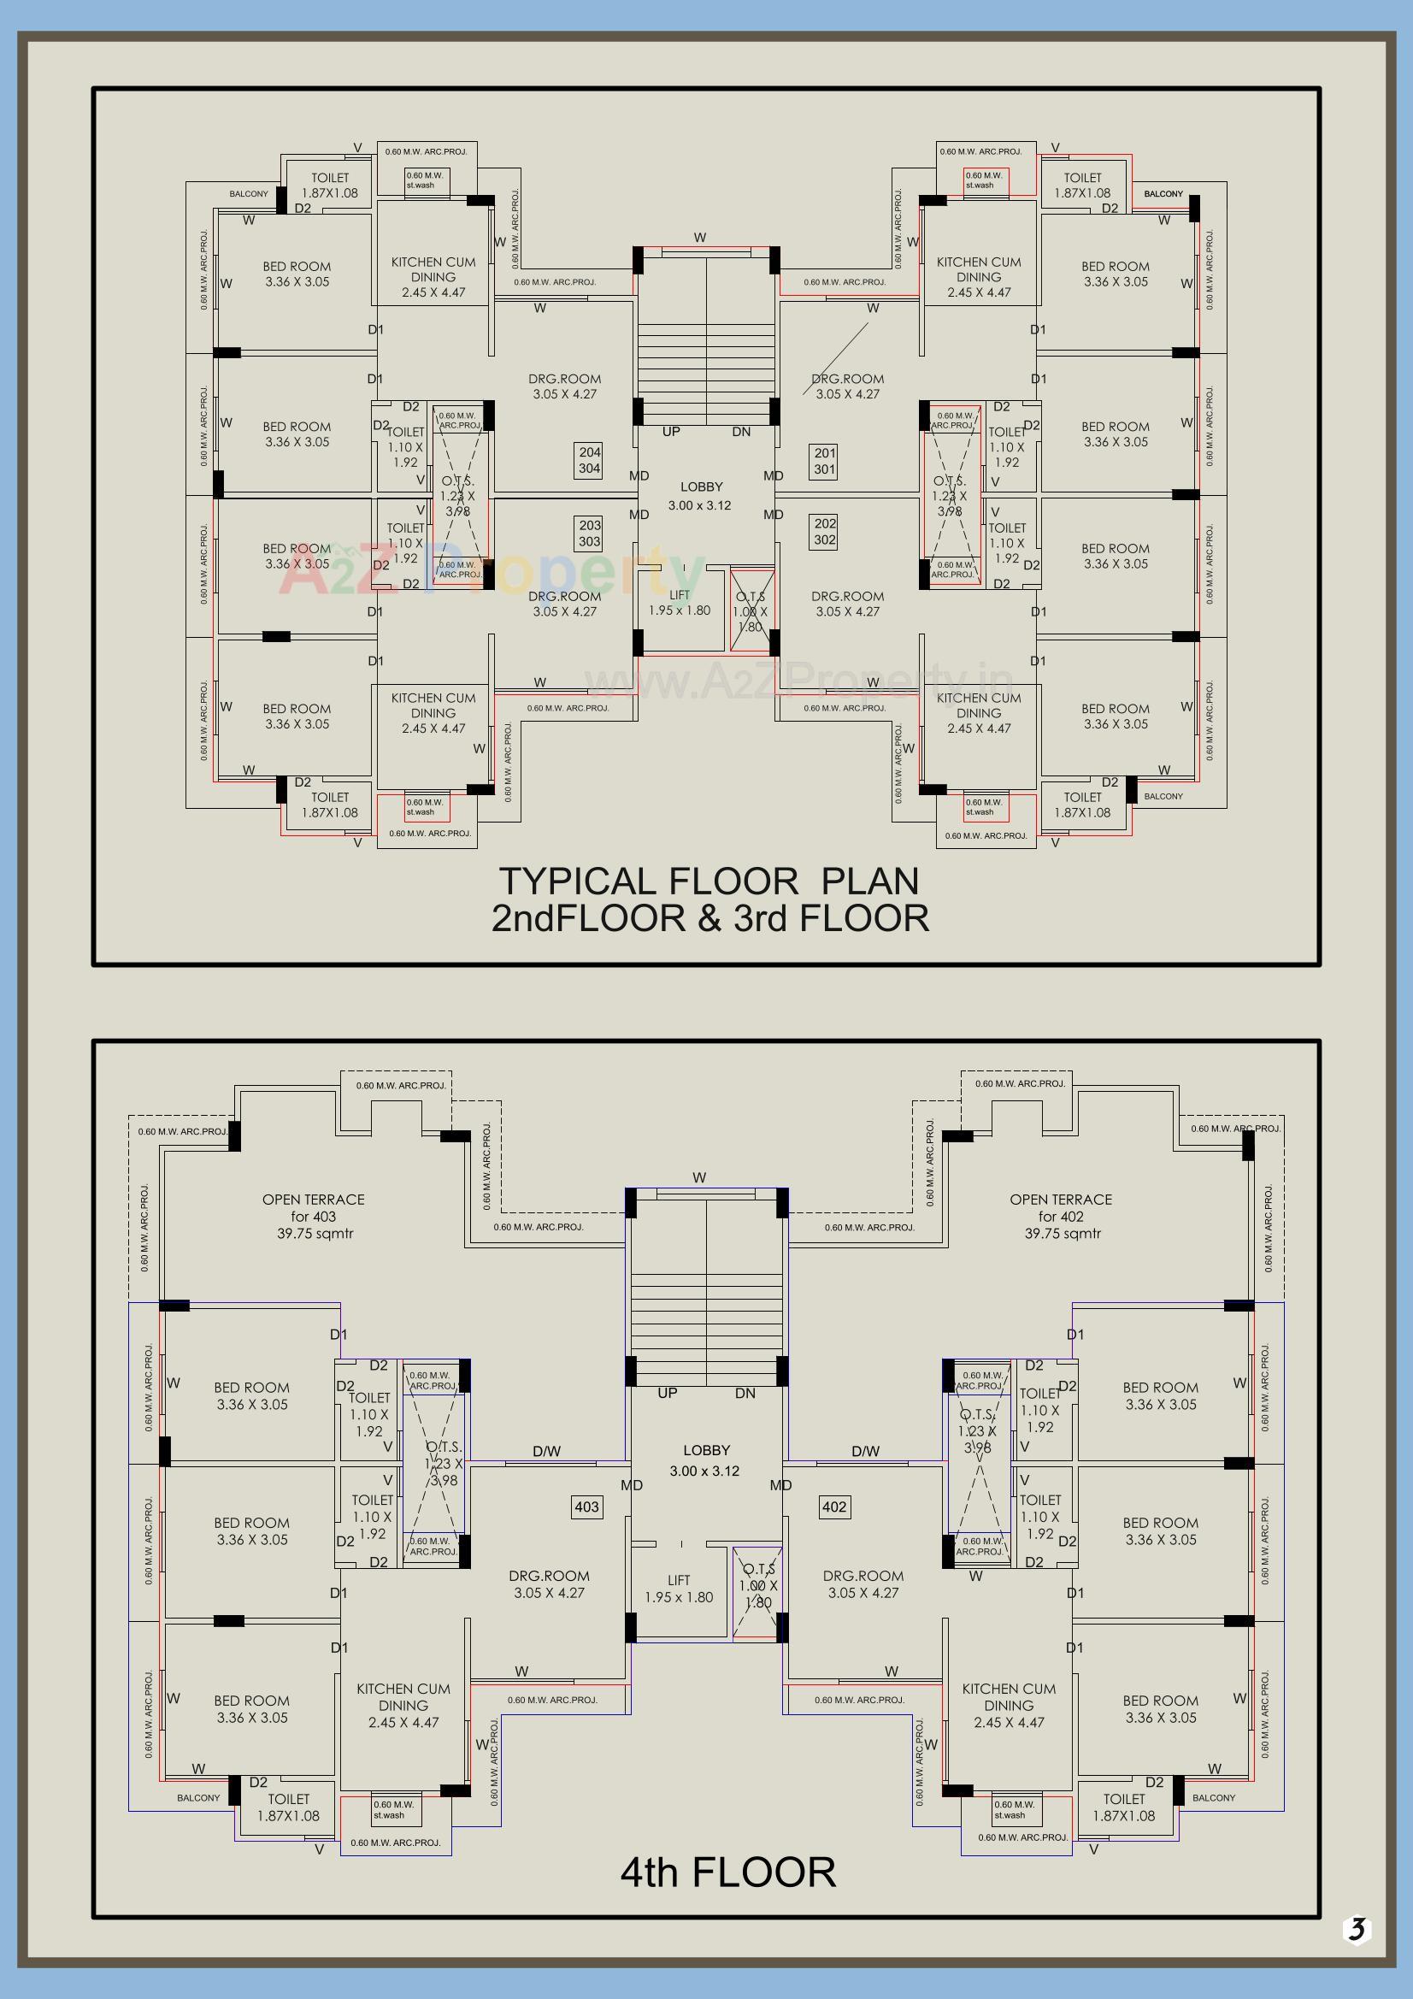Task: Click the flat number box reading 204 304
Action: click(x=590, y=460)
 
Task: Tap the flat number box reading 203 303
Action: click(x=590, y=533)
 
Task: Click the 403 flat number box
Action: click(x=586, y=1507)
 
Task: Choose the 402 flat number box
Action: click(x=834, y=1507)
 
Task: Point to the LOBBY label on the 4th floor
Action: click(x=706, y=1449)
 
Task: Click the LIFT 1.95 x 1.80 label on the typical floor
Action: click(x=679, y=603)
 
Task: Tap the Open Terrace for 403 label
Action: click(x=314, y=1216)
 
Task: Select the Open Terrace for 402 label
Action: click(x=1061, y=1216)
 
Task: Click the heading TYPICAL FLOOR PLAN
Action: click(x=709, y=882)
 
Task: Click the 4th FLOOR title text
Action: click(x=727, y=1872)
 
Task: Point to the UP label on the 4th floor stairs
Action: click(x=667, y=1393)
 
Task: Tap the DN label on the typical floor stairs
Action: click(x=741, y=432)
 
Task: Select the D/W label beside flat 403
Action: click(x=547, y=1450)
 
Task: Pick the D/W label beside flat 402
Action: click(x=865, y=1450)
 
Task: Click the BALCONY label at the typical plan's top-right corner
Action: click(x=1163, y=193)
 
